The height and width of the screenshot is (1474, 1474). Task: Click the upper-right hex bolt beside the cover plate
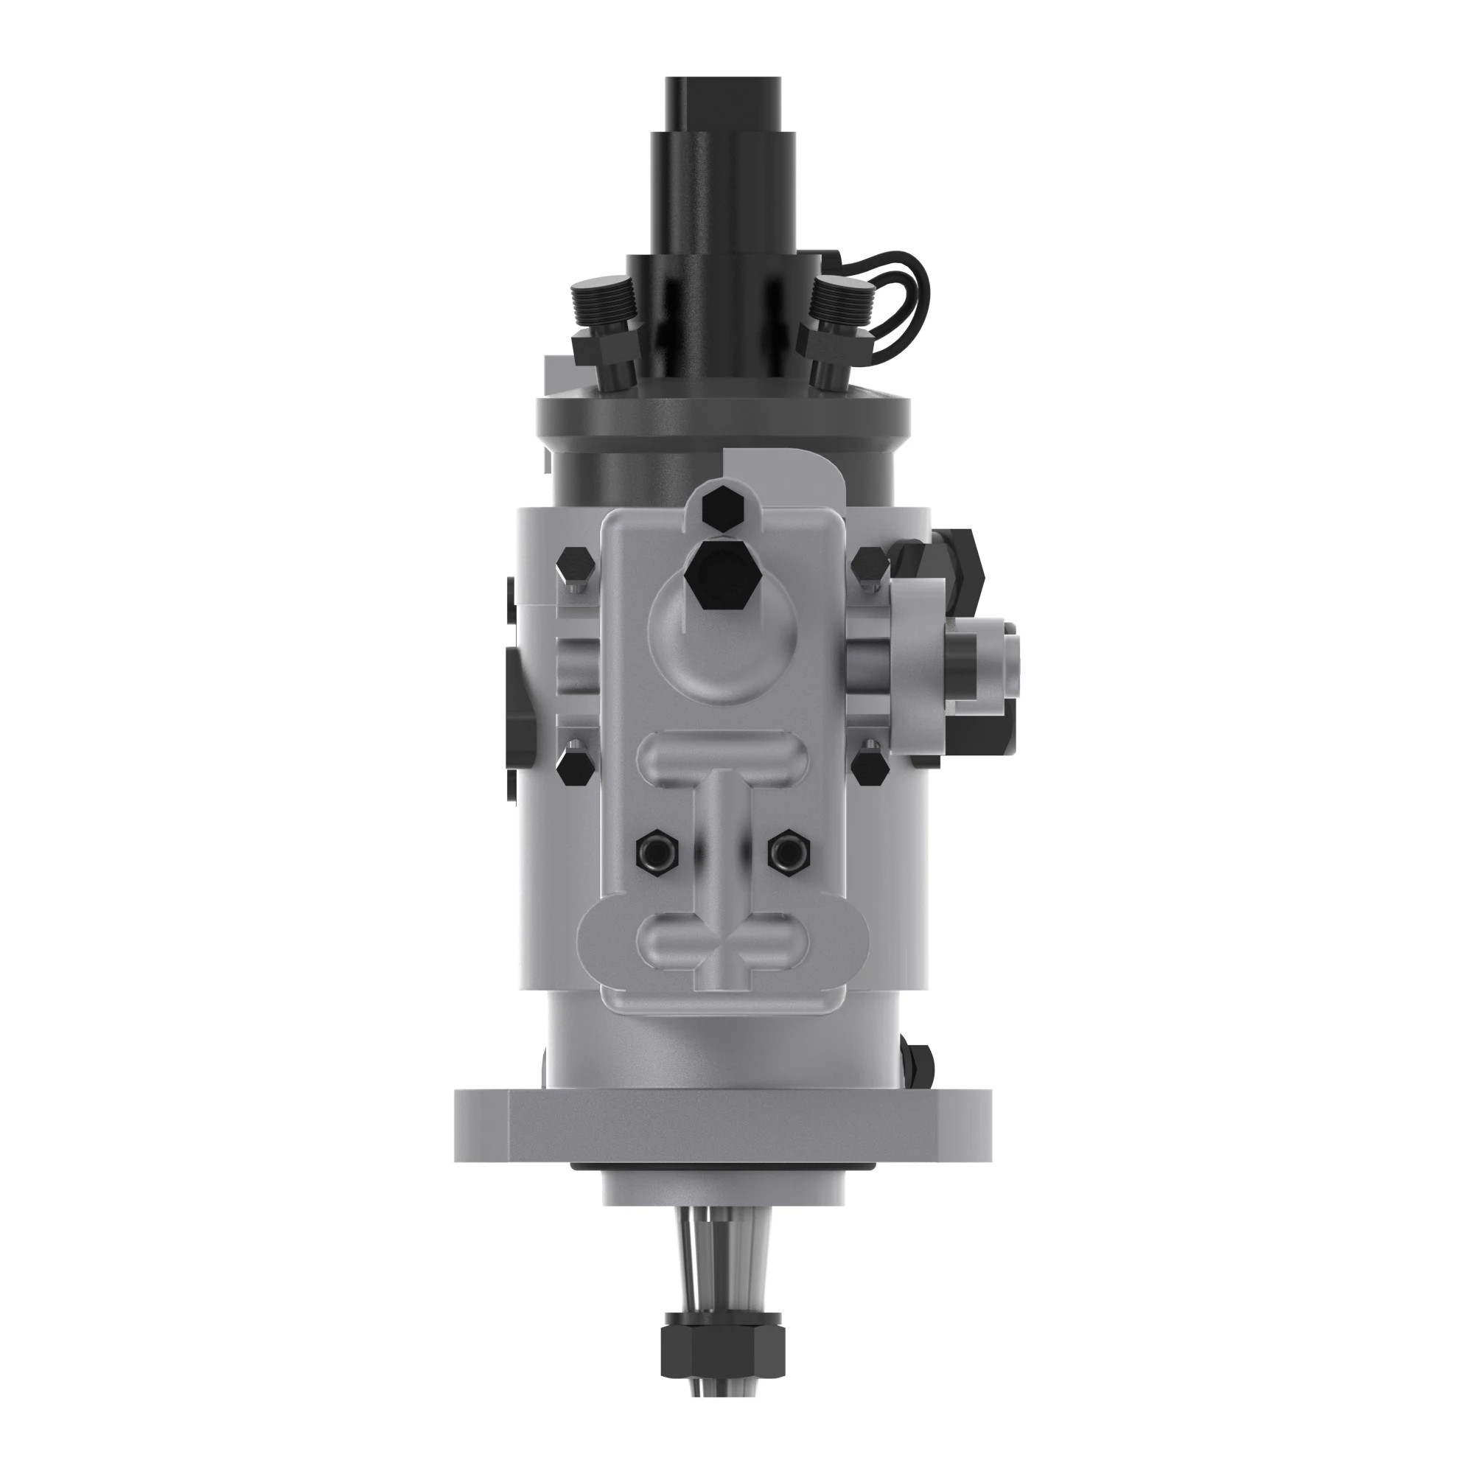(870, 565)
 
